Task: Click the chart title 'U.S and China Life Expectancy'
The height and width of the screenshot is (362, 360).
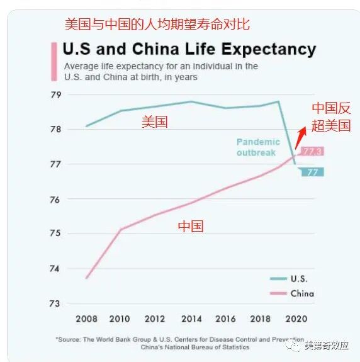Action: (189, 48)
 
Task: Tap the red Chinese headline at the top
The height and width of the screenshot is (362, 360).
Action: (157, 25)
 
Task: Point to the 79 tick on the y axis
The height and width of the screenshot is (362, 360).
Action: (74, 95)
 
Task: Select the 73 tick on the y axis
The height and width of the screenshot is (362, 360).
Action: (74, 303)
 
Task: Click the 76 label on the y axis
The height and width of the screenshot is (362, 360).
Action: (74, 200)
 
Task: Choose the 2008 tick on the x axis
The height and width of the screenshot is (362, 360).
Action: (86, 319)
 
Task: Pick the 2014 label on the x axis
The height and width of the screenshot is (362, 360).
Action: (192, 319)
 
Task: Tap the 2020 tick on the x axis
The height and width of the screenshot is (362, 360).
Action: (296, 319)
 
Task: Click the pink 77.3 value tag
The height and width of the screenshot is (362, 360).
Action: (312, 151)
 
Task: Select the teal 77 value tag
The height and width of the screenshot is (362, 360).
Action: (311, 172)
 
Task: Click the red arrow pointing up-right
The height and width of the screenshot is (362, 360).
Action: (301, 137)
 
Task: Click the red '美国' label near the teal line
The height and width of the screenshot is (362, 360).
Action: (154, 122)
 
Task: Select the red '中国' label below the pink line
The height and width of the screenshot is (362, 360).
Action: (190, 226)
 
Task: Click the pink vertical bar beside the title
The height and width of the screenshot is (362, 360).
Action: (54, 60)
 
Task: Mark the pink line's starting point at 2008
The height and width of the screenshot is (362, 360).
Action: (86, 278)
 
